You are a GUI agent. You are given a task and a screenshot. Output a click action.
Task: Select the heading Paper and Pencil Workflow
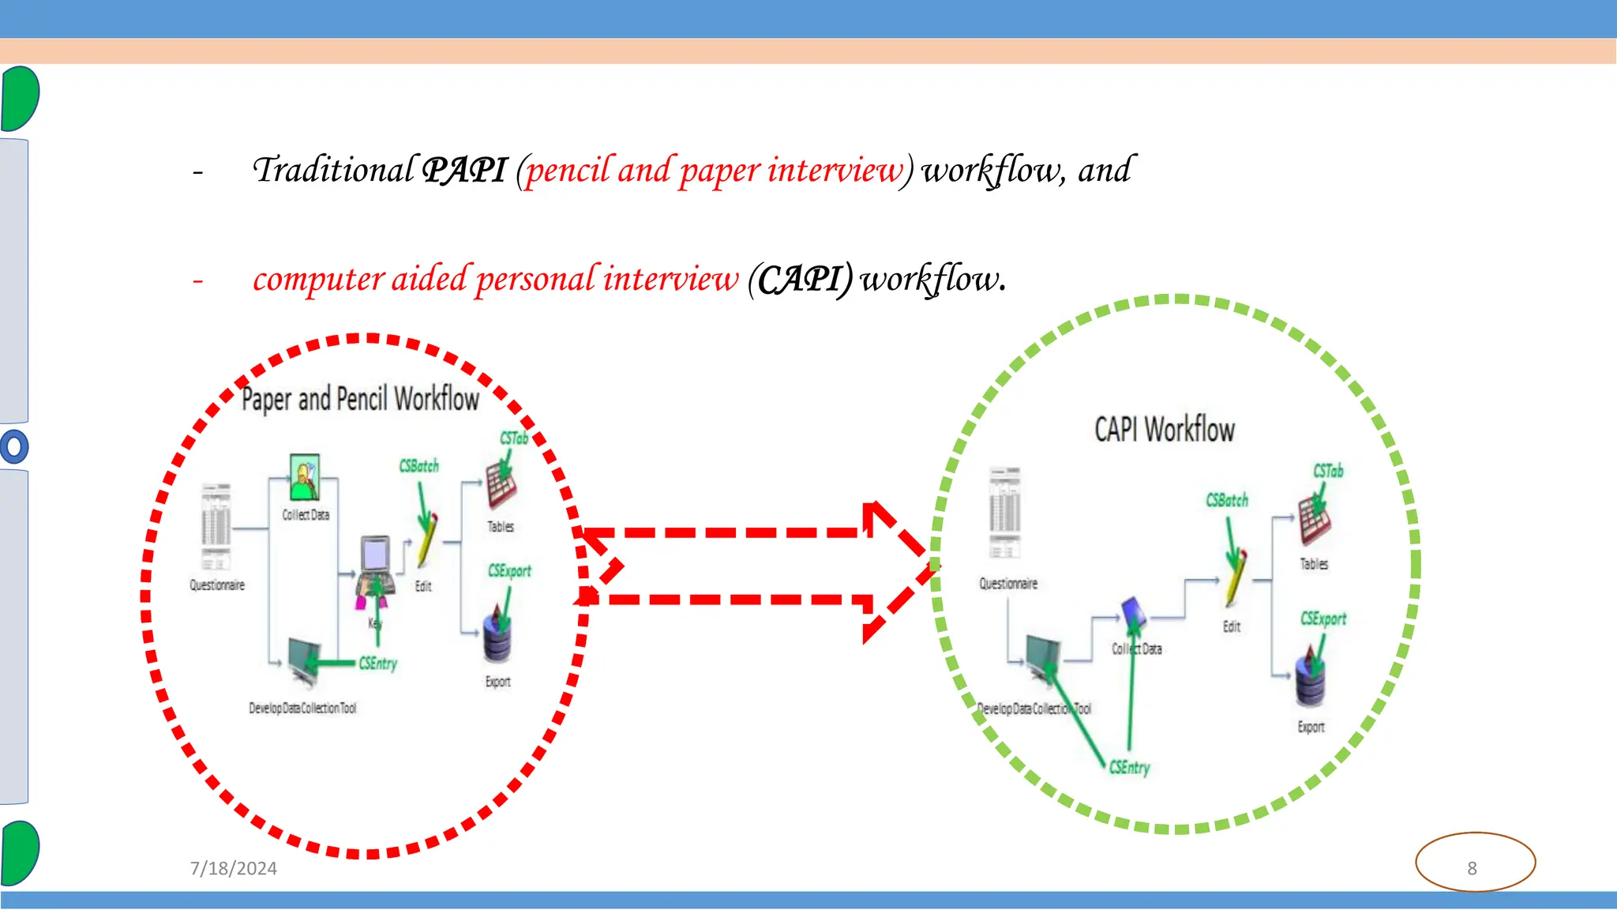[x=360, y=399]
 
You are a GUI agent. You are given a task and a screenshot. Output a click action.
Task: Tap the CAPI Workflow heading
[x=1164, y=430]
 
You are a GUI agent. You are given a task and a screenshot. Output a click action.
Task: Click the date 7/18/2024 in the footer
[x=234, y=868]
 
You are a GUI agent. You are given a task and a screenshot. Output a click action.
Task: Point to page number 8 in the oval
[x=1472, y=868]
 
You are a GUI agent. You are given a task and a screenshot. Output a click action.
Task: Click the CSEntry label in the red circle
[x=378, y=664]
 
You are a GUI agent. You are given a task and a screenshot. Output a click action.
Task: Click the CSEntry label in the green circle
[x=1130, y=767]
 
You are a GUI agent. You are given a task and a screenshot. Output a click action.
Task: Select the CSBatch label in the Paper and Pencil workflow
[x=418, y=466]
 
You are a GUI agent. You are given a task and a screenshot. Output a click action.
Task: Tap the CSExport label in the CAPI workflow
[x=1323, y=619]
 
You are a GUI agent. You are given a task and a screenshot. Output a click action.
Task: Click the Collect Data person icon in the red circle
[x=304, y=477]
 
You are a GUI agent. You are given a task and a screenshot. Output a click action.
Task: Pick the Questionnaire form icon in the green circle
[x=1005, y=512]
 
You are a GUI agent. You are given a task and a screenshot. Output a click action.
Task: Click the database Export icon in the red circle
[x=497, y=638]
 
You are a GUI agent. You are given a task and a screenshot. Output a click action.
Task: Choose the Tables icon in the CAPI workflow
[x=1314, y=521]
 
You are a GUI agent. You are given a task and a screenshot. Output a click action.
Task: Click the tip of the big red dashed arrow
[x=936, y=566]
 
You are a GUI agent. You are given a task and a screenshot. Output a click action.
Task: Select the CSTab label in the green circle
[x=1328, y=471]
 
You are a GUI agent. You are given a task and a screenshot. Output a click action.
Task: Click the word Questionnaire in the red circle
[x=217, y=585]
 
